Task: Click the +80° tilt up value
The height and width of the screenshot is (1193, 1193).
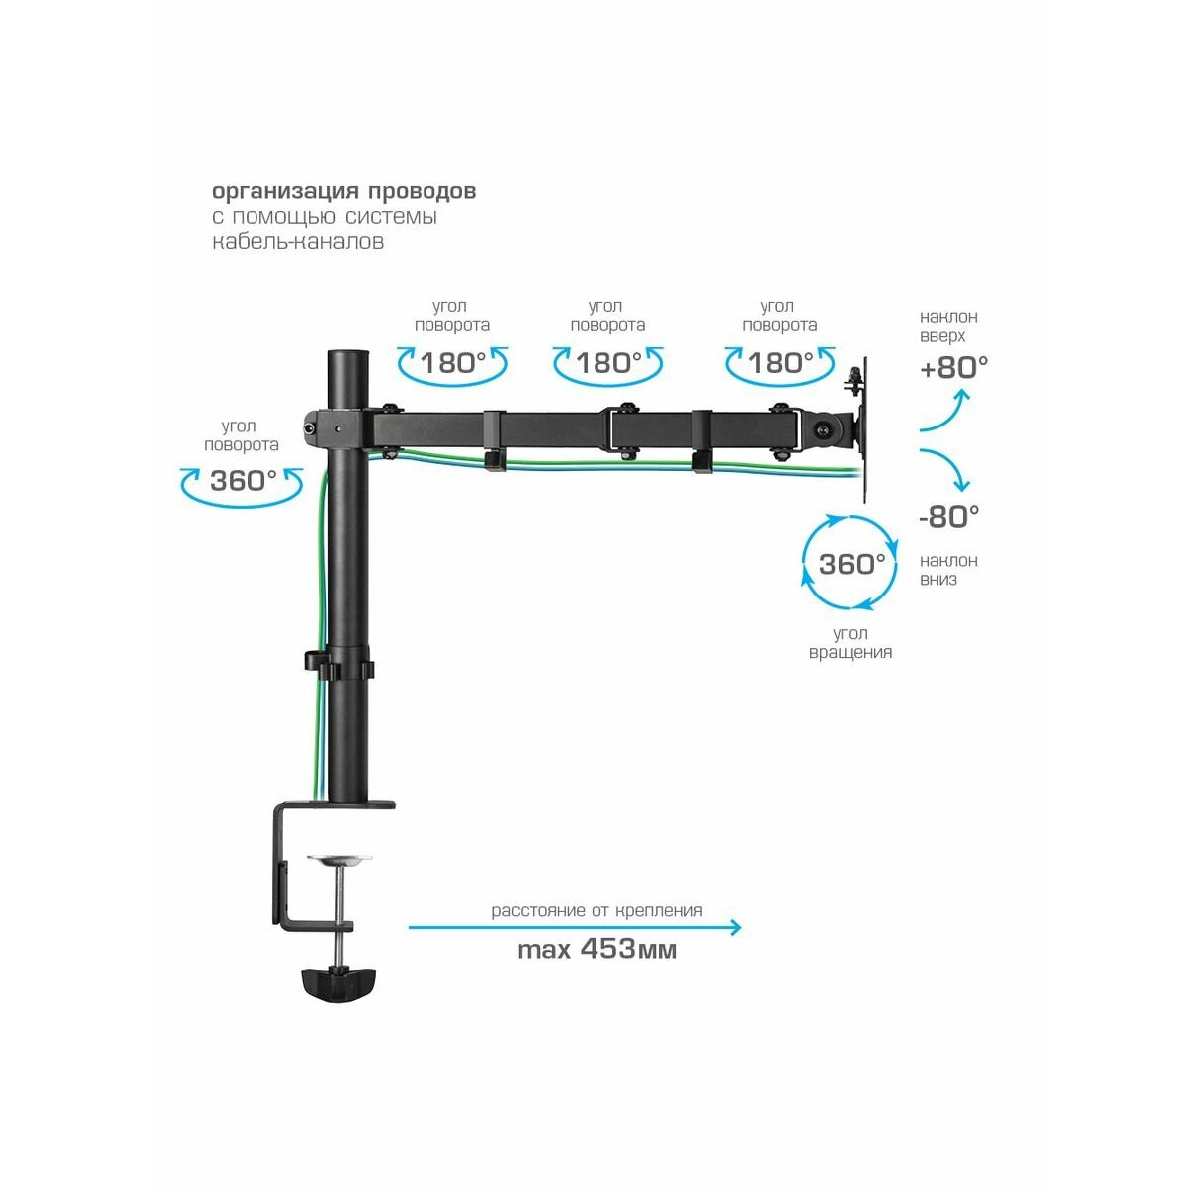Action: (953, 367)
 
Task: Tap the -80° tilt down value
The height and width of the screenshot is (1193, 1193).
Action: (949, 516)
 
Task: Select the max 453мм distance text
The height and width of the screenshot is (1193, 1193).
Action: (596, 949)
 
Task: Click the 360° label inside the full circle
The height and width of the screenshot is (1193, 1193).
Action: (852, 564)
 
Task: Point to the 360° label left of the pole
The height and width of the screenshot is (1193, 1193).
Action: (244, 480)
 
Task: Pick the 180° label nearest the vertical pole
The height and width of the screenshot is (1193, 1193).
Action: (453, 363)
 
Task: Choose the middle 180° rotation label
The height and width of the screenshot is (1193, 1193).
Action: (609, 363)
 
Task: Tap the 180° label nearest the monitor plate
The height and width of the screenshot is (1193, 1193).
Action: (780, 363)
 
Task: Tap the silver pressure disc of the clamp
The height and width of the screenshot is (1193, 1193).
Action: (339, 860)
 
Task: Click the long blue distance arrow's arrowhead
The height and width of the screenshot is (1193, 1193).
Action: (735, 927)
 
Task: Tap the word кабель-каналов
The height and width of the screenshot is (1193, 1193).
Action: (298, 241)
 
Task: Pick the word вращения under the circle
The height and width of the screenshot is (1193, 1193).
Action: (851, 652)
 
